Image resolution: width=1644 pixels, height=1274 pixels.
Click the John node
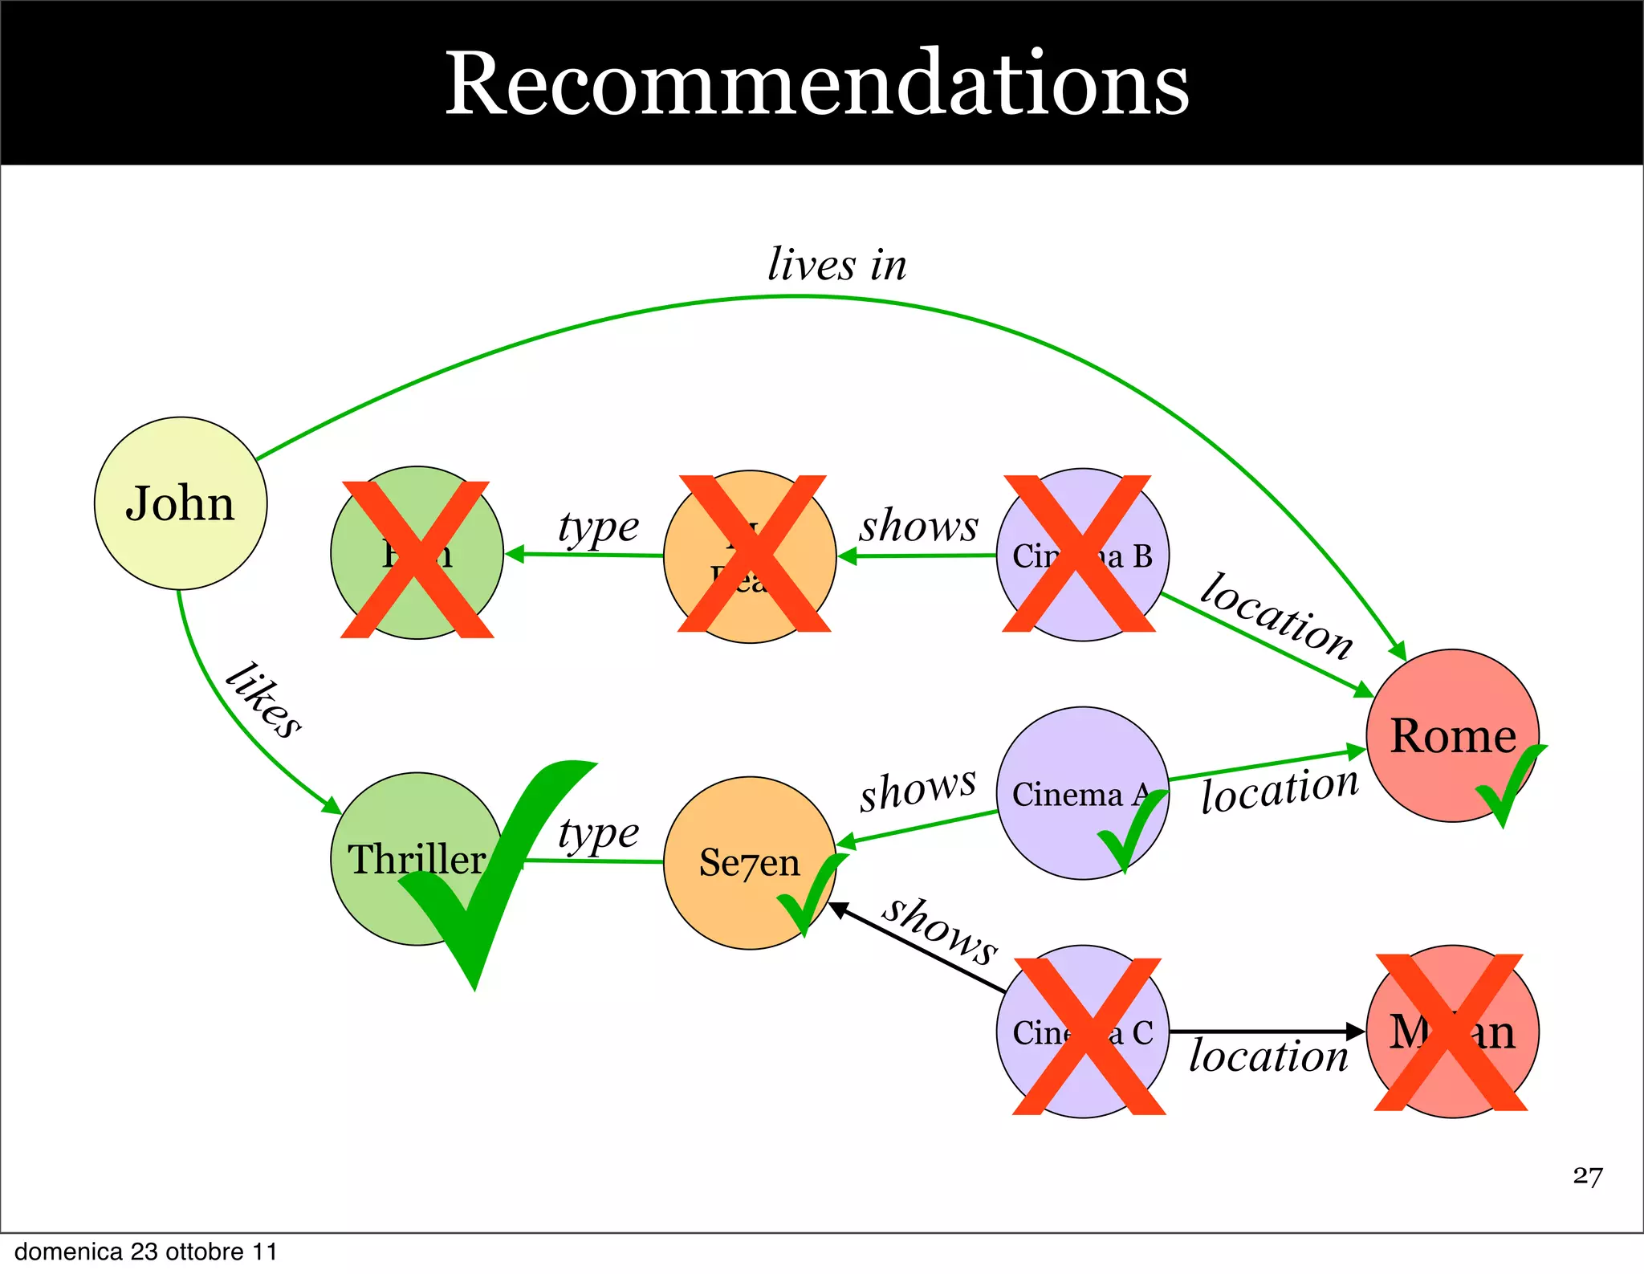[x=181, y=503]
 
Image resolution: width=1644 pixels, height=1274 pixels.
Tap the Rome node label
[x=1453, y=735]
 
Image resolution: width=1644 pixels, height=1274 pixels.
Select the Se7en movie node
[x=749, y=863]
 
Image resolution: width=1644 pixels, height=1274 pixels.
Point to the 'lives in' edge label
[x=837, y=264]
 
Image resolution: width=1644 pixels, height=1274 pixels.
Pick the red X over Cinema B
[x=1078, y=553]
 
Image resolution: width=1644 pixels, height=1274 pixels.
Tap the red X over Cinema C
[x=1089, y=1036]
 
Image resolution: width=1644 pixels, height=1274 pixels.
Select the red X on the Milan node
[x=1451, y=1032]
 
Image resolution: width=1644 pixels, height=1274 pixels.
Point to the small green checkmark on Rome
[x=1509, y=782]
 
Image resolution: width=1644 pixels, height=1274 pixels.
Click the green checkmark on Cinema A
[x=1132, y=831]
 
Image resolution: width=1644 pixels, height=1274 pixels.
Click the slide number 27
[x=1587, y=1176]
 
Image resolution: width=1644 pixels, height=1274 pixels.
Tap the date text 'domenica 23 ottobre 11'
[x=146, y=1252]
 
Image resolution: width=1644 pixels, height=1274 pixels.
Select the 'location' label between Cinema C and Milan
[x=1268, y=1056]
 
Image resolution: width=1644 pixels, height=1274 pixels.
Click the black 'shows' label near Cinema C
[x=940, y=930]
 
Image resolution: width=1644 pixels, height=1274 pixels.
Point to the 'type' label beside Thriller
[x=598, y=834]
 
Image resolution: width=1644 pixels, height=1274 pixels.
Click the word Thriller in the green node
[x=416, y=859]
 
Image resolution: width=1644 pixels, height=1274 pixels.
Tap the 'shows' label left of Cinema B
[x=919, y=526]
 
